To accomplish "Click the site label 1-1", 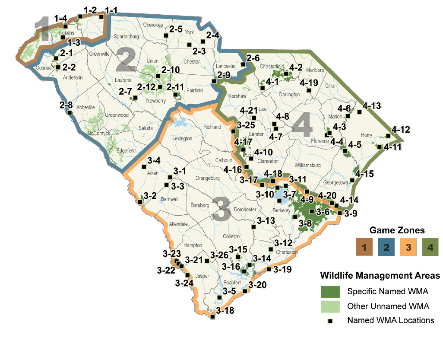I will pos(111,10).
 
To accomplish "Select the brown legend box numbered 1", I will pos(365,248).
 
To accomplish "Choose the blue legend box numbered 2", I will pos(386,248).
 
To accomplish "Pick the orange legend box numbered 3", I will pos(408,248).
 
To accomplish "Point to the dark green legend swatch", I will pos(330,292).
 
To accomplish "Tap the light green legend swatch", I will pos(330,307).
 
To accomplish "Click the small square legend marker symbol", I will pos(330,321).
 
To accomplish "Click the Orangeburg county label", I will pos(208,178).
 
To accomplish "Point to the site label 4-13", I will pos(372,105).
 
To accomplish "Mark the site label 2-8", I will pos(66,105).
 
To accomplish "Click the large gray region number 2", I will pos(126,61).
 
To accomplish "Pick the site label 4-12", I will pos(401,129).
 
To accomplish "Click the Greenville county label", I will pos(100,54).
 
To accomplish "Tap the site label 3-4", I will pos(154,161).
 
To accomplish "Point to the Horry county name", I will pos(367,135).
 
